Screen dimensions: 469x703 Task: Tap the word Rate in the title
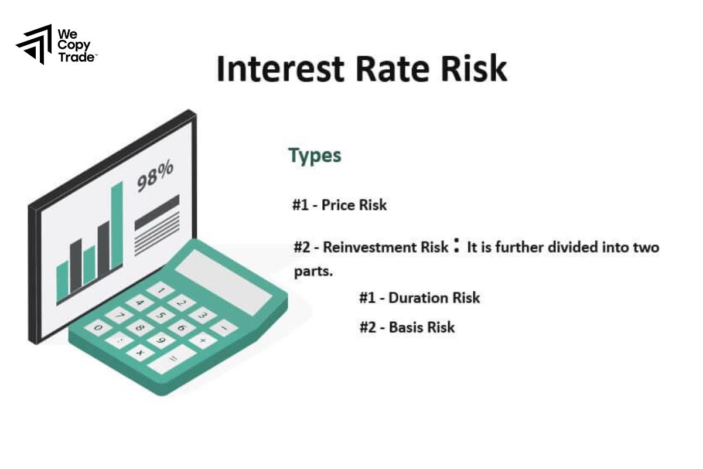click(391, 69)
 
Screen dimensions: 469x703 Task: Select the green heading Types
click(315, 156)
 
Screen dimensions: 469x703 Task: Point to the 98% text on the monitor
click(155, 176)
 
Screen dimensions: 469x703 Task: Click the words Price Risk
click(354, 205)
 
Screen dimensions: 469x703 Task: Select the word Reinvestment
click(363, 247)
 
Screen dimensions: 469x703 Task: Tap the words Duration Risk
click(434, 298)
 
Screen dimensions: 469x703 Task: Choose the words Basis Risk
click(421, 327)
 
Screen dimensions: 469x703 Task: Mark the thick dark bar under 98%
click(157, 212)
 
